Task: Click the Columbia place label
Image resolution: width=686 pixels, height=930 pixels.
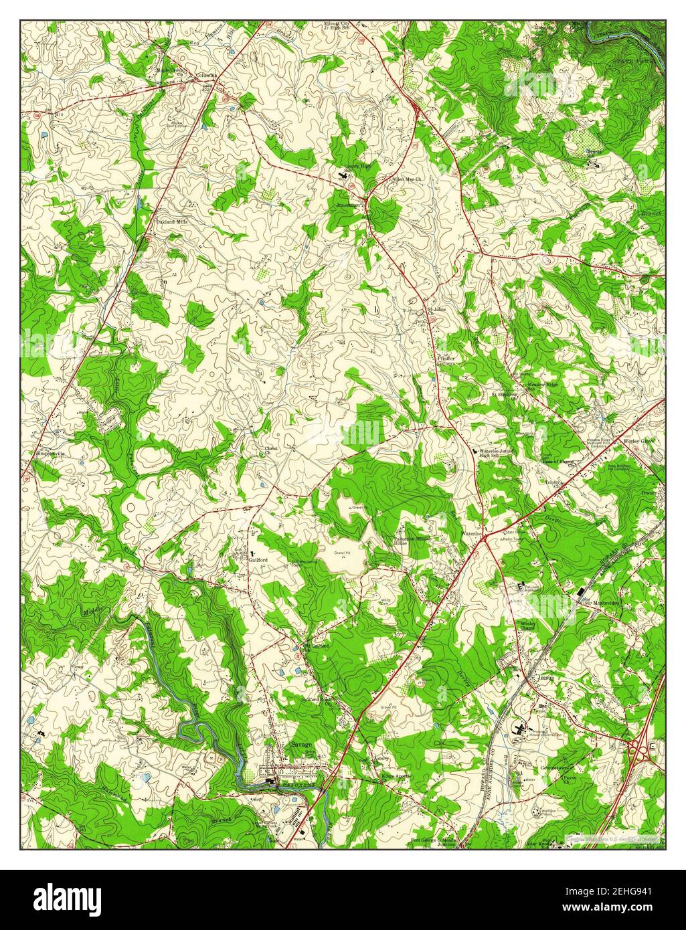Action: click(205, 76)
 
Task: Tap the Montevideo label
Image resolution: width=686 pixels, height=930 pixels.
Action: click(606, 603)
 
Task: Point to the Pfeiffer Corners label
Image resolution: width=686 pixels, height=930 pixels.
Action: click(446, 361)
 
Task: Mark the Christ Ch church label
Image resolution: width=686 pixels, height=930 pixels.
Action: click(271, 451)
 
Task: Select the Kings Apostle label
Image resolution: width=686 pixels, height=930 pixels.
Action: click(397, 776)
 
